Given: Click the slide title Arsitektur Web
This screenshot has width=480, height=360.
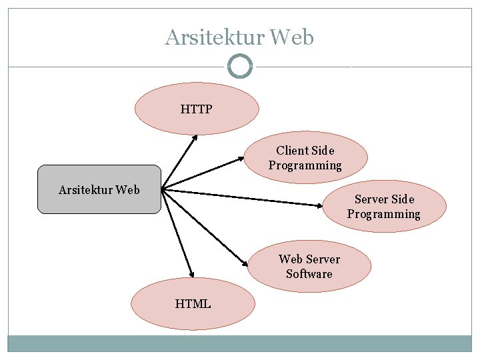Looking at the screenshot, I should [x=239, y=37].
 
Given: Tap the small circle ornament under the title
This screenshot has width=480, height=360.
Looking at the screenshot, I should [x=239, y=67].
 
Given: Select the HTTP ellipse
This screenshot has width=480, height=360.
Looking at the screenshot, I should [x=196, y=109].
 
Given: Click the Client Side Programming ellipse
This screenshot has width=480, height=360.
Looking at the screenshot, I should [x=305, y=158].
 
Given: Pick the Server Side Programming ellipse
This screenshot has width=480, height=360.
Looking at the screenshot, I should [x=384, y=207].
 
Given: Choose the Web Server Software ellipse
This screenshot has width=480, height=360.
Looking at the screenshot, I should [x=309, y=267].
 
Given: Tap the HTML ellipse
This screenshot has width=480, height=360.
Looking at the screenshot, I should [x=193, y=304].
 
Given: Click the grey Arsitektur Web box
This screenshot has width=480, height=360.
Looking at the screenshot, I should [x=99, y=189].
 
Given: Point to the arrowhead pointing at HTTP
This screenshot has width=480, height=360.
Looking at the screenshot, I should [x=195, y=138].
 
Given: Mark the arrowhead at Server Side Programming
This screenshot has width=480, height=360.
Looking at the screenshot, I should [x=321, y=204].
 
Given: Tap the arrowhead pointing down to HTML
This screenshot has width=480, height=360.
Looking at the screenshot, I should [x=191, y=274].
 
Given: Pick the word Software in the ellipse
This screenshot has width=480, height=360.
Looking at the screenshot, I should [x=309, y=274].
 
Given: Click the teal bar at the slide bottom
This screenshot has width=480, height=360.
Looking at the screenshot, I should [x=239, y=343].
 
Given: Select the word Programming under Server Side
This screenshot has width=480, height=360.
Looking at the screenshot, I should [x=384, y=214].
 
